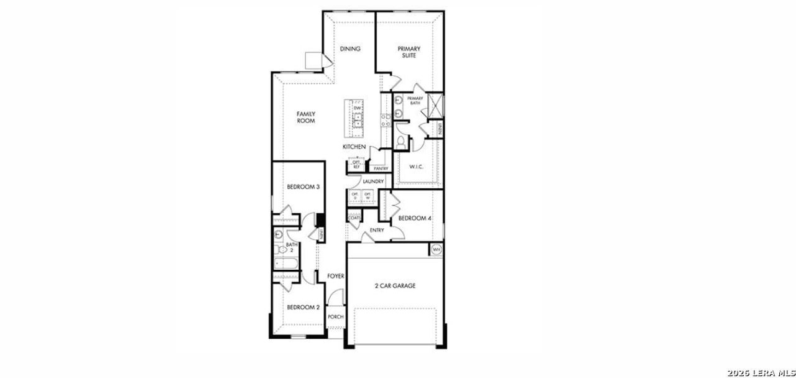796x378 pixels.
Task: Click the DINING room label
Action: (x=350, y=49)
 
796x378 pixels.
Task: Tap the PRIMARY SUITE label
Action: (x=409, y=52)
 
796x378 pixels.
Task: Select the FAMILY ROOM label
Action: (x=305, y=118)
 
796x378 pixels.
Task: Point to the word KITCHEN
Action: (x=354, y=147)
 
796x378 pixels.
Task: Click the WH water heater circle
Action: (x=436, y=249)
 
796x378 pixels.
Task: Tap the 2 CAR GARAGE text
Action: (x=395, y=286)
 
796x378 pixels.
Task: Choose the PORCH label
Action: (x=336, y=316)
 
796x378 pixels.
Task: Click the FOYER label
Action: (x=336, y=275)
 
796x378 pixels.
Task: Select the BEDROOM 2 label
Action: (x=303, y=307)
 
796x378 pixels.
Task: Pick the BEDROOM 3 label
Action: (x=303, y=187)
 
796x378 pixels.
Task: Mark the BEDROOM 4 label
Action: (x=415, y=218)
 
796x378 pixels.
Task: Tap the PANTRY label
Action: (x=381, y=168)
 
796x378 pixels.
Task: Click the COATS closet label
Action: (x=354, y=218)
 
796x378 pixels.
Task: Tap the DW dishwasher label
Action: (x=358, y=109)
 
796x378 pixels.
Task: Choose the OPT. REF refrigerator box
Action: (x=356, y=165)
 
